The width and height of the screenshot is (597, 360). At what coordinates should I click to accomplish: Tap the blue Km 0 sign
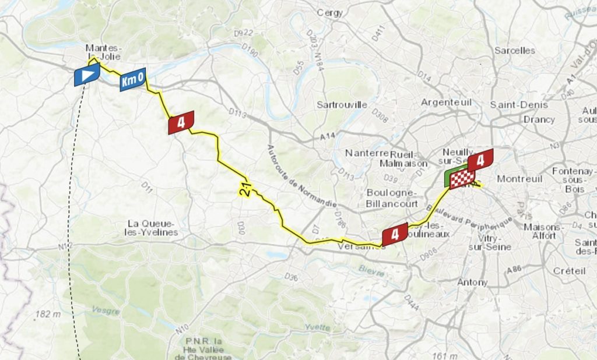[133, 80]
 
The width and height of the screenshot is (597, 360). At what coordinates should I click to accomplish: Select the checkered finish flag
[462, 179]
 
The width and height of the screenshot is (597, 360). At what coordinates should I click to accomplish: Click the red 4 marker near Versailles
[395, 234]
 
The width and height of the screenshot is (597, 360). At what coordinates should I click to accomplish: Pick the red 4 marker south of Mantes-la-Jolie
[181, 122]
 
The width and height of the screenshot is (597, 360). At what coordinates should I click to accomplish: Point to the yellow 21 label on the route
[245, 189]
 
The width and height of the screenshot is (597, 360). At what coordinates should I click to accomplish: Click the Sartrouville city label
[342, 105]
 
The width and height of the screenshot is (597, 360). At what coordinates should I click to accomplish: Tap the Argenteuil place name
[447, 102]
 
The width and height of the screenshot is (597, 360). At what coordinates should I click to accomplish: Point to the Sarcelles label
[515, 50]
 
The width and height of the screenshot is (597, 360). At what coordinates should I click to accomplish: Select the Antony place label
[473, 282]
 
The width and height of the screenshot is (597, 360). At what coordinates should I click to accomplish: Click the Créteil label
[568, 270]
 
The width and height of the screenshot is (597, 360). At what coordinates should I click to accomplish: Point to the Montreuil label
[519, 178]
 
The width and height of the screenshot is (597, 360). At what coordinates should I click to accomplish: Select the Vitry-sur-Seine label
[490, 242]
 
